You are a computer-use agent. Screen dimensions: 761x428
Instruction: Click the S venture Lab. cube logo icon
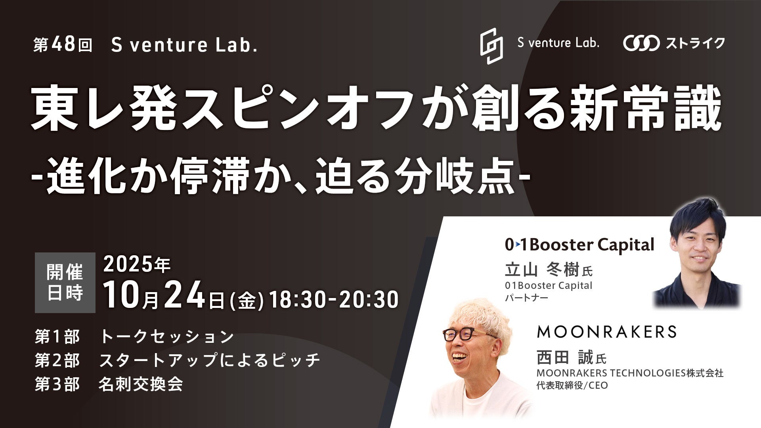491,46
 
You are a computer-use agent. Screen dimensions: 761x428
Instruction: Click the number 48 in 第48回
63,45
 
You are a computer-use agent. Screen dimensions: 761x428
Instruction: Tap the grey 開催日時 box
65,283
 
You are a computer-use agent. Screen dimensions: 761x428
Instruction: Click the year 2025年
137,265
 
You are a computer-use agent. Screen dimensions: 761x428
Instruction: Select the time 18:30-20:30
334,299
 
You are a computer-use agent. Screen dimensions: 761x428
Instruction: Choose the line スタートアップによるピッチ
209,360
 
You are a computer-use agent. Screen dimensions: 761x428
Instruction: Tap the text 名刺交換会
141,384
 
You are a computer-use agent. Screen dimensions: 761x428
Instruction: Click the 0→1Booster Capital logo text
579,245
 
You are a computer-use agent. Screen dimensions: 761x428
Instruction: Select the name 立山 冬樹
542,270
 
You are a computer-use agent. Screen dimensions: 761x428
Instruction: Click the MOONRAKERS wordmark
606,332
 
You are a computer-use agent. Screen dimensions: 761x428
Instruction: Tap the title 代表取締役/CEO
572,385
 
